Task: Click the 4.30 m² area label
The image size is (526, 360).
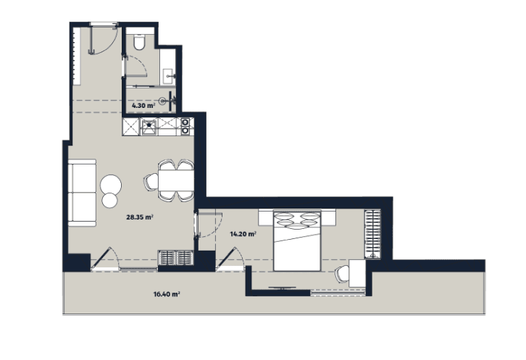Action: point(143,106)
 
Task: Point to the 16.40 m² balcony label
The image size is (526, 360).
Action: point(167,294)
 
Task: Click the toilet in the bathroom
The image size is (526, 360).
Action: point(139,43)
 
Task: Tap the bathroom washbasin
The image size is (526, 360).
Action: point(169,73)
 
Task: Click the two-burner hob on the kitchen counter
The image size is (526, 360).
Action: point(185,127)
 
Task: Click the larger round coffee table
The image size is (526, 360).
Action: point(112,183)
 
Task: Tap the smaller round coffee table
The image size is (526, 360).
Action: point(109,200)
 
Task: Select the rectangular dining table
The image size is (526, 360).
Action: point(175,181)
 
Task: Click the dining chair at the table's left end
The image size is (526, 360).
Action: point(151,182)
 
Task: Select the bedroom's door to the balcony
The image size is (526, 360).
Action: point(233,259)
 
